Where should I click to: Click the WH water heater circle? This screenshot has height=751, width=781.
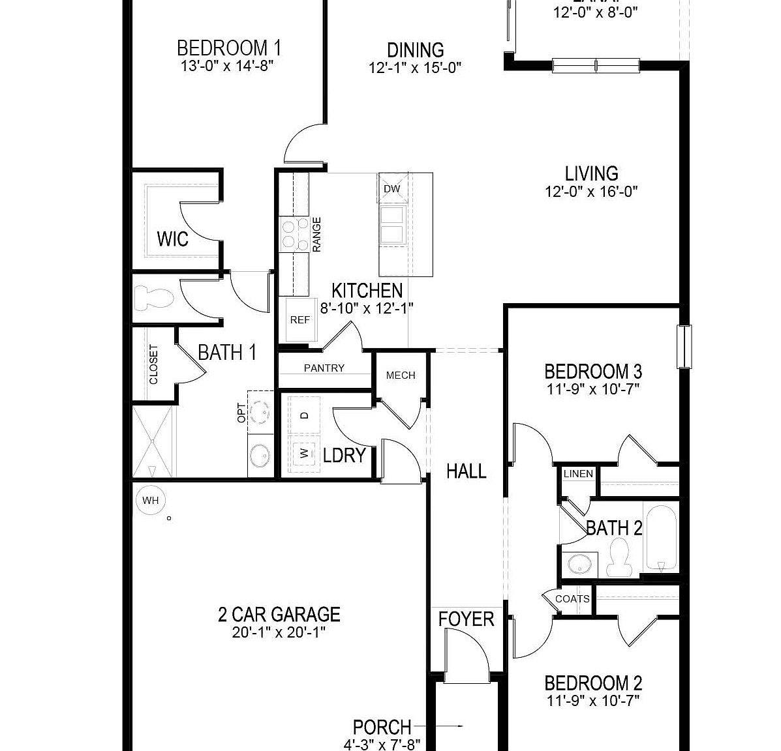click(150, 501)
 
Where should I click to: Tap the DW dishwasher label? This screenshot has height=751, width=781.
click(391, 189)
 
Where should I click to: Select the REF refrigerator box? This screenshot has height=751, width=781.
click(300, 320)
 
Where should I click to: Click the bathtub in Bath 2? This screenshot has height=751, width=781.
click(661, 538)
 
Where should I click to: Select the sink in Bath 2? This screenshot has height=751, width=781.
click(579, 564)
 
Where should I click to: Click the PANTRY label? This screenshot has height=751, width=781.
click(324, 368)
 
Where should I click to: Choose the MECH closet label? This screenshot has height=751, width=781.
click(401, 375)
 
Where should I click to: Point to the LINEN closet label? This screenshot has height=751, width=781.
click(578, 474)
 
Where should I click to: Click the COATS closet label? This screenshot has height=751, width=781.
click(572, 598)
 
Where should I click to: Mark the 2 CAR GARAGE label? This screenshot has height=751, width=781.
click(279, 615)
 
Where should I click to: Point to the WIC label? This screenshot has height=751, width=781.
click(173, 239)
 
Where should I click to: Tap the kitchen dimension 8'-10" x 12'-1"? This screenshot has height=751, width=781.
click(367, 308)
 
